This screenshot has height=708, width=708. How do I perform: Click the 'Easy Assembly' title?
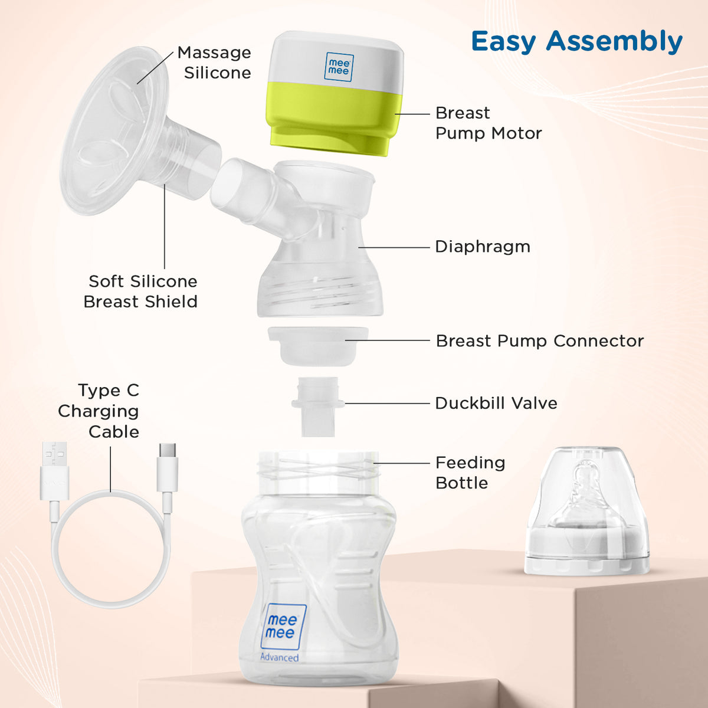[x=576, y=42]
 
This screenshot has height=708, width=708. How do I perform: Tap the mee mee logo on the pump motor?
[x=339, y=67]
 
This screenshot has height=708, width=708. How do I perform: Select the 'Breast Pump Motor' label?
[x=488, y=123]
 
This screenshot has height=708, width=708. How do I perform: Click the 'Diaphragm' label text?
[x=482, y=247]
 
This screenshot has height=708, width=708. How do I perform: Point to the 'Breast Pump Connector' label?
[x=539, y=341]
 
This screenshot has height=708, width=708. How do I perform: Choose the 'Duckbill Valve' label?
[x=496, y=404]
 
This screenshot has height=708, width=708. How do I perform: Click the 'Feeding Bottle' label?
[x=470, y=473]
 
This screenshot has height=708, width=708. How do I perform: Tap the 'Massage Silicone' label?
[x=214, y=63]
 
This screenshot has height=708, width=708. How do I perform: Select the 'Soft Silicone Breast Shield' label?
[x=140, y=291]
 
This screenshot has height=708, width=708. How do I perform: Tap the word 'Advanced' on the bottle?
[x=279, y=657]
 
